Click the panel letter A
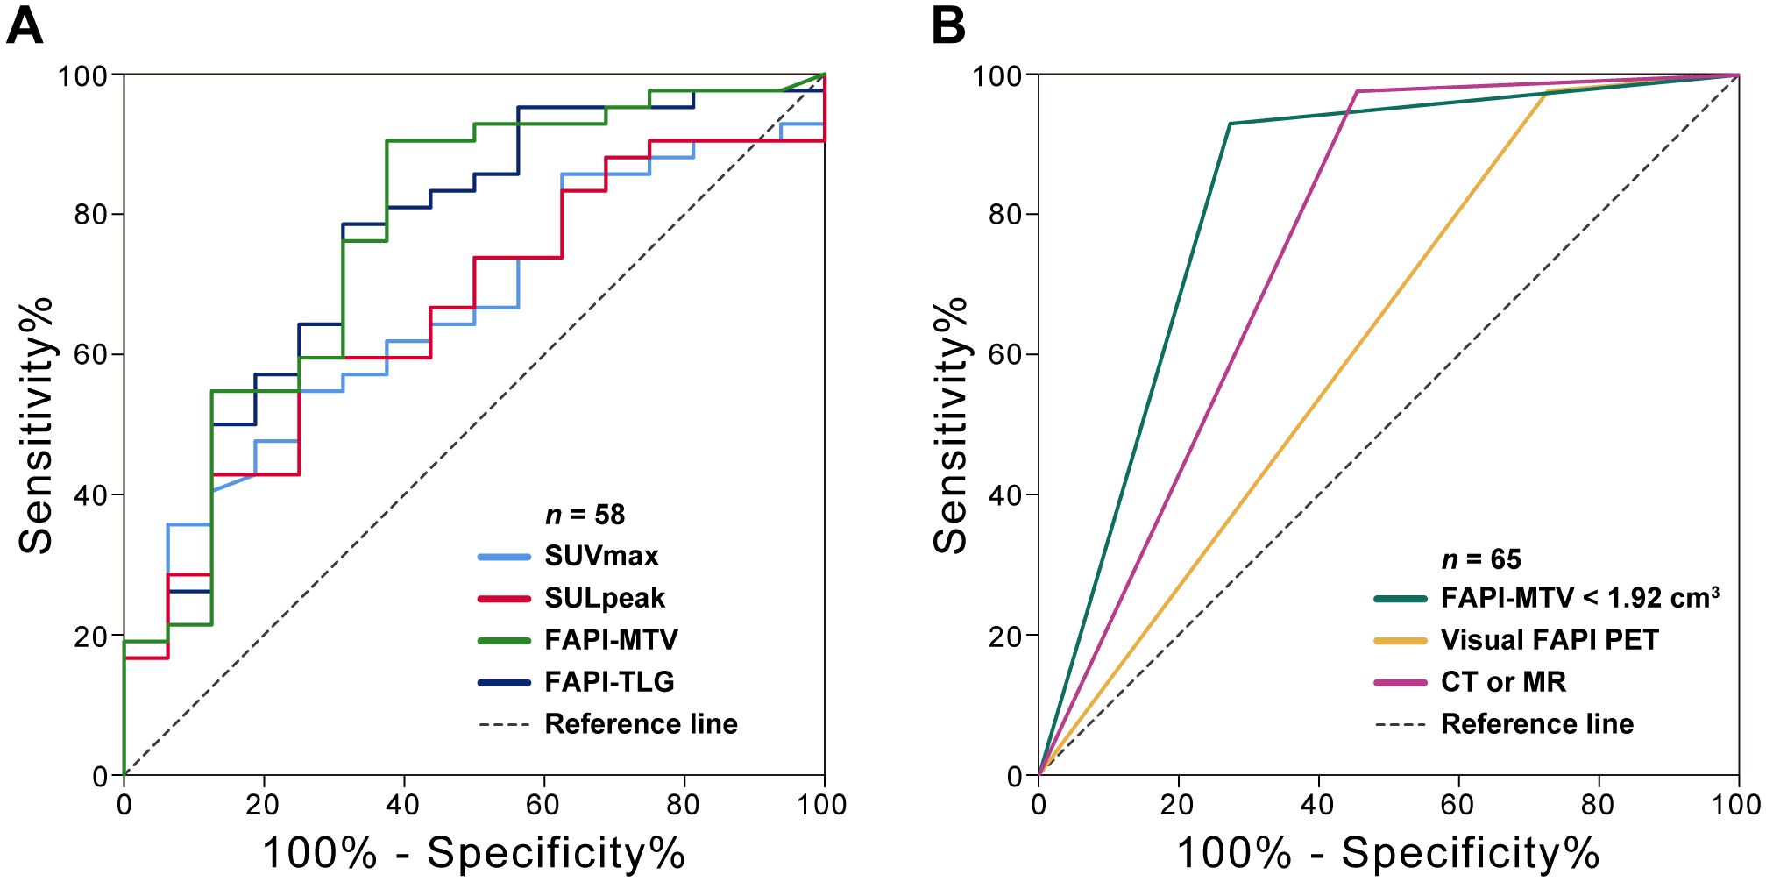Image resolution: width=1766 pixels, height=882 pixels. (24, 26)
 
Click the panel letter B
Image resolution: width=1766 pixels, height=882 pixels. (948, 26)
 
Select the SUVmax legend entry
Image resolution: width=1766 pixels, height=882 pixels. (601, 556)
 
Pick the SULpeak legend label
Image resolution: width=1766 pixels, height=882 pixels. (605, 598)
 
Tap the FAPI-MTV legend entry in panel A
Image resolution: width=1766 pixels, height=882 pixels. (611, 640)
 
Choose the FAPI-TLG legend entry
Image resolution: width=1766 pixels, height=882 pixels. (609, 682)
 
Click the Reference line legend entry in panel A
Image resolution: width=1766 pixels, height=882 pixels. (641, 724)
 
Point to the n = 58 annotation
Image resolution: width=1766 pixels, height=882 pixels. (585, 515)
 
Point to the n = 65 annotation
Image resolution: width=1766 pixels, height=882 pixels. (1481, 559)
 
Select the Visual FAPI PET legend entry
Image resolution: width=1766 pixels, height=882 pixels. (1550, 640)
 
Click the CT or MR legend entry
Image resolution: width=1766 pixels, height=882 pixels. (1503, 682)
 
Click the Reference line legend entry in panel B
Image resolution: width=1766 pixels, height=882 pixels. (1537, 724)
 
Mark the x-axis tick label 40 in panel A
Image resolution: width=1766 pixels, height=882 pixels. (403, 804)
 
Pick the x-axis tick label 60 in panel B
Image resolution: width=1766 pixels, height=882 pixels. (1458, 804)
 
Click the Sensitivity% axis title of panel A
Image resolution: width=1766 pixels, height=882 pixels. (37, 425)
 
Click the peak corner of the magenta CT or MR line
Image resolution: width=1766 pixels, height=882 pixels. (1358, 91)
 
